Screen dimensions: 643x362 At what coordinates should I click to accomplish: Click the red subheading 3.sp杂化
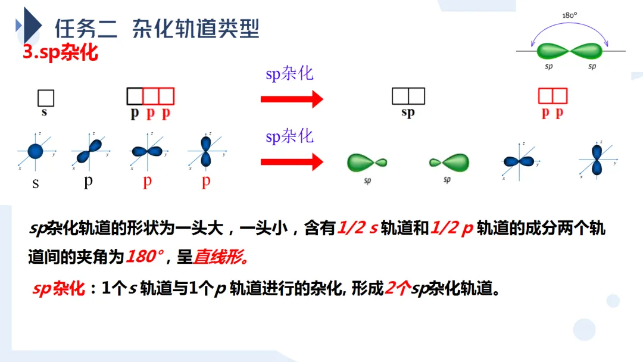click(x=60, y=52)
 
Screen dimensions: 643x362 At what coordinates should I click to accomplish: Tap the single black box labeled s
click(x=46, y=97)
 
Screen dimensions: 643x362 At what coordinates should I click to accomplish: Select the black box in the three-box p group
click(x=135, y=96)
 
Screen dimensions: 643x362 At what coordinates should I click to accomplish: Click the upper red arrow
click(x=291, y=99)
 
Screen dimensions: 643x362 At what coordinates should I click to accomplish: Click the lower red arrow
click(x=291, y=161)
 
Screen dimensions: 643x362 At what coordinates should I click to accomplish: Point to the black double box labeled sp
click(x=408, y=96)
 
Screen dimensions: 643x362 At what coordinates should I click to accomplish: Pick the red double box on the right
click(x=553, y=96)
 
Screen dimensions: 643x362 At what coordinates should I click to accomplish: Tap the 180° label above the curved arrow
click(x=570, y=15)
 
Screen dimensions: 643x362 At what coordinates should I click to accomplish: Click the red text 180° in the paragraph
click(x=144, y=257)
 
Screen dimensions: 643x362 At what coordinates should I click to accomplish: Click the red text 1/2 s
click(x=357, y=229)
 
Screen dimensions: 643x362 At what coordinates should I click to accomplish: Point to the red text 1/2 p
click(x=451, y=229)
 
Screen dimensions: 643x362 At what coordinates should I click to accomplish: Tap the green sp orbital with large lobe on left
click(x=366, y=161)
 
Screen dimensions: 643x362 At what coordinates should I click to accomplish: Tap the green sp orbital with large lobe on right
click(x=450, y=161)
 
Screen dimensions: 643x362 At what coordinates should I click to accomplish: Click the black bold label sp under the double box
click(x=408, y=113)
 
